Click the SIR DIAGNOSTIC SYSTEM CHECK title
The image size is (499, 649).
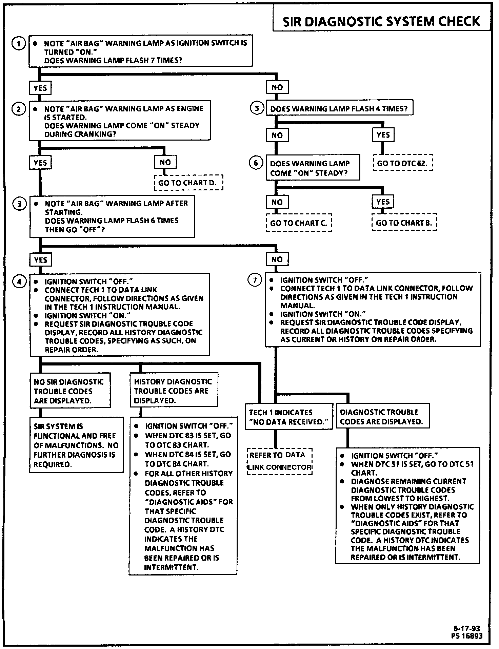[x=381, y=21]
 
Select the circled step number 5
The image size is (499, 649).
[x=257, y=108]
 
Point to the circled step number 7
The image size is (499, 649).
[x=255, y=280]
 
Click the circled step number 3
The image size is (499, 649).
[x=19, y=204]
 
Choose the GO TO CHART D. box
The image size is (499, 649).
[x=189, y=183]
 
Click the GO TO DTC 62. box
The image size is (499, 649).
[x=403, y=163]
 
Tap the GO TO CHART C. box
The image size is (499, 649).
[x=299, y=223]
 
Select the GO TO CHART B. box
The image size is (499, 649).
[x=404, y=223]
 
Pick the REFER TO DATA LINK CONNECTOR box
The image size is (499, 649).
[x=280, y=461]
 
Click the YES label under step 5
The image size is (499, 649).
[x=383, y=135]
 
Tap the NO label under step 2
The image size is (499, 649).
[x=165, y=162]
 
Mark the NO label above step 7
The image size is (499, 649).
[x=277, y=259]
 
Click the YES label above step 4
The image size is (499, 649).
[x=41, y=260]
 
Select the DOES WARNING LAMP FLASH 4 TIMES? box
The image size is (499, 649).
[x=339, y=109]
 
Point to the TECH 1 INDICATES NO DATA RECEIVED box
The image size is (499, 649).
[x=289, y=417]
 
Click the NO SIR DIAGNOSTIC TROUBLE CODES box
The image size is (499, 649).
[x=70, y=391]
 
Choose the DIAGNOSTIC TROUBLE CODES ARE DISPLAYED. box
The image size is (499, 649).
[x=383, y=417]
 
